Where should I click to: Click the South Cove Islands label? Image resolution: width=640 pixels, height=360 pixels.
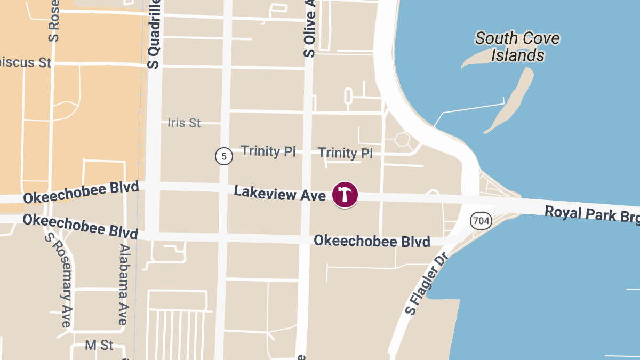click(x=517, y=46)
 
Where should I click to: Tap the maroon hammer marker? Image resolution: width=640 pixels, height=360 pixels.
click(x=345, y=195)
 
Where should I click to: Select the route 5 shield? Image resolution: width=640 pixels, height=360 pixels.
click(x=224, y=156)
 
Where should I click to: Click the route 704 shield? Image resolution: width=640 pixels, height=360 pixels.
click(x=480, y=220)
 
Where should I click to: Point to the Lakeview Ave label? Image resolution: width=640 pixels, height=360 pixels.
click(x=279, y=193)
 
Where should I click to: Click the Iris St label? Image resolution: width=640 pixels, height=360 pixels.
click(x=184, y=123)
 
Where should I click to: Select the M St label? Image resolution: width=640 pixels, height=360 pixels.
click(x=99, y=345)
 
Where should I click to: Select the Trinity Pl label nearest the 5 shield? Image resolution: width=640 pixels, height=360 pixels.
click(x=268, y=151)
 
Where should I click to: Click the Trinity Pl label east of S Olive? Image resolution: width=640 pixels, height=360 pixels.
click(x=346, y=153)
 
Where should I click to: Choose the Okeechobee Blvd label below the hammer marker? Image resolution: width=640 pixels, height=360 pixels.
click(x=372, y=241)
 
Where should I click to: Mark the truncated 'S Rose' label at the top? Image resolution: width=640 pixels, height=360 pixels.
click(x=53, y=21)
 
